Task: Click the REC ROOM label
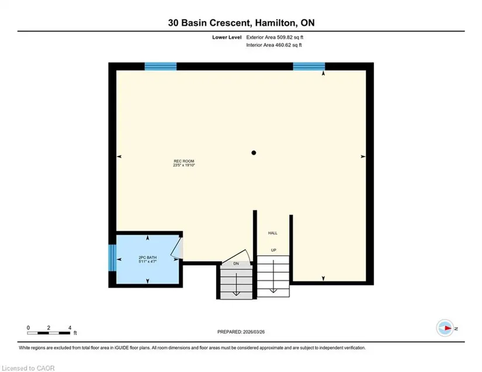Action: click(x=184, y=161)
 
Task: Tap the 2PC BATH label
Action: click(x=148, y=258)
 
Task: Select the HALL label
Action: click(x=273, y=233)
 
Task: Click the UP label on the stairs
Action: click(x=273, y=250)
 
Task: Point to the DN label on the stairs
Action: click(x=236, y=263)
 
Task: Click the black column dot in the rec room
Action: click(x=254, y=152)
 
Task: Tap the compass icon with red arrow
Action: click(x=445, y=328)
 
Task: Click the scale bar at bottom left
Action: click(x=48, y=333)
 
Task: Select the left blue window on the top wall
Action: click(x=161, y=67)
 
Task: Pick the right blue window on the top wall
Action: click(x=309, y=67)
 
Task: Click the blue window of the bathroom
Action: click(x=113, y=258)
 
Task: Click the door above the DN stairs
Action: click(x=237, y=256)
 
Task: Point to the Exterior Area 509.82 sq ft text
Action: click(x=275, y=37)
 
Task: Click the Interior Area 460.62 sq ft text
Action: click(x=274, y=45)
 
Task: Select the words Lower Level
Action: click(x=227, y=37)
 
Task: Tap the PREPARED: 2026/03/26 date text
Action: click(x=241, y=332)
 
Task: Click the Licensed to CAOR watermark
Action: click(x=28, y=368)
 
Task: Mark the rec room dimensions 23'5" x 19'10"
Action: click(x=184, y=165)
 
